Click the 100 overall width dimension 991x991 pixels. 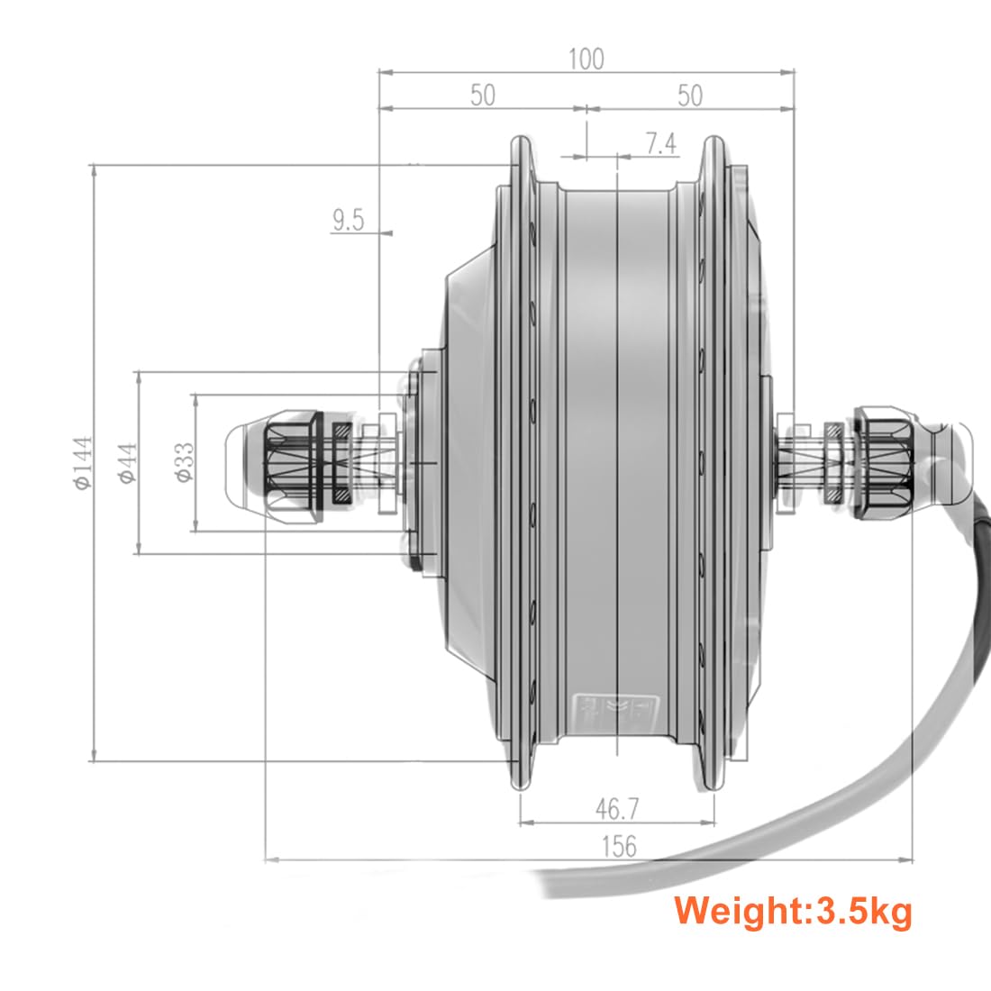[586, 59]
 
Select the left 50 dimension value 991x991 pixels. [483, 95]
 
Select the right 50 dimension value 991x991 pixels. [689, 95]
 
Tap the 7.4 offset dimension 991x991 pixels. [660, 144]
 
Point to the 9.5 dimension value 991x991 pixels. [348, 220]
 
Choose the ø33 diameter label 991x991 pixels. [183, 462]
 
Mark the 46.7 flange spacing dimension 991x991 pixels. [616, 808]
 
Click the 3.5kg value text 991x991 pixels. [863, 911]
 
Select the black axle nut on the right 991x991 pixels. [883, 462]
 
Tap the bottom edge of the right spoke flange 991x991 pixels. [712, 785]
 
